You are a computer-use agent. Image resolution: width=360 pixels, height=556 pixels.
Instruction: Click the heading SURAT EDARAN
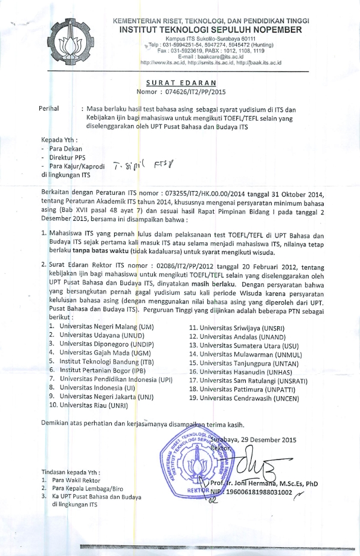(x=181, y=82)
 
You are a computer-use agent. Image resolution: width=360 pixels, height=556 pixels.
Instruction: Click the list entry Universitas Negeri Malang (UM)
(x=101, y=327)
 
